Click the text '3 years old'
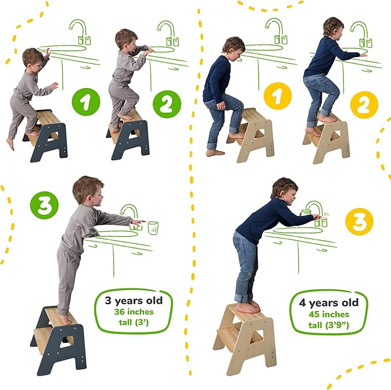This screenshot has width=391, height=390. tap(133, 300)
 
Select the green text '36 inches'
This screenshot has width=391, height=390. tap(133, 312)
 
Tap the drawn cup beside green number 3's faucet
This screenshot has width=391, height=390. tap(153, 228)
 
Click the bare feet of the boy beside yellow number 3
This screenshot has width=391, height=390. tap(249, 308)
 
